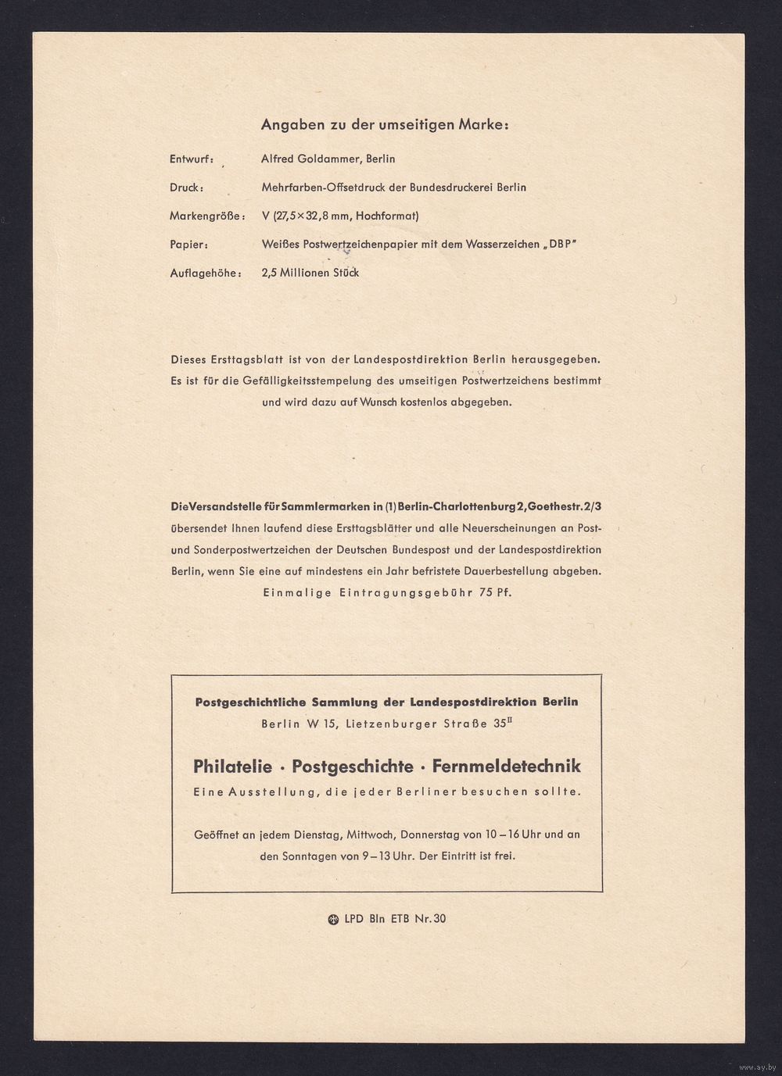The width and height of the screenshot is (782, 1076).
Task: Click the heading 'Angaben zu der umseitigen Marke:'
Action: pyautogui.click(x=384, y=124)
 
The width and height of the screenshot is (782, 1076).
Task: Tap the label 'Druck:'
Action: pyautogui.click(x=187, y=188)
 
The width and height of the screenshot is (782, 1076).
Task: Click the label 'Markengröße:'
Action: pyautogui.click(x=206, y=216)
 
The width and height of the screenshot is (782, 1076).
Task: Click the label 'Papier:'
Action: pyautogui.click(x=188, y=245)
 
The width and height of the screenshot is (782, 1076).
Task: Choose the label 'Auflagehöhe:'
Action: pyautogui.click(x=206, y=273)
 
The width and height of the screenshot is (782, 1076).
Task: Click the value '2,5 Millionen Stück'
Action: pyautogui.click(x=310, y=273)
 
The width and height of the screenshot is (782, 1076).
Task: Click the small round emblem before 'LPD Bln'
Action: pyautogui.click(x=333, y=919)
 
